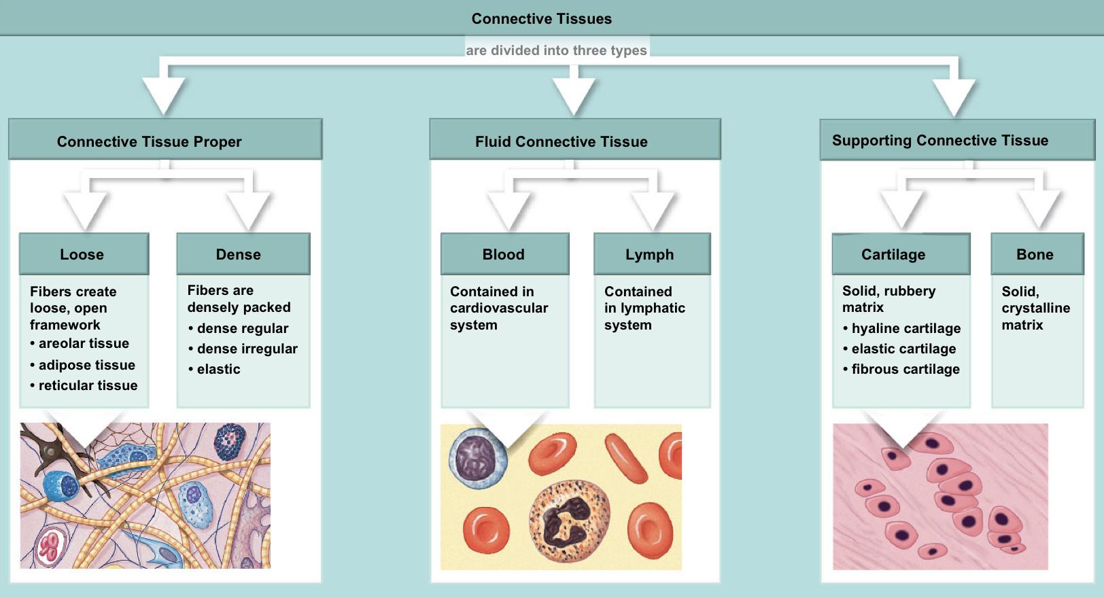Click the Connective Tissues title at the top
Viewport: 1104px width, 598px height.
[x=541, y=19]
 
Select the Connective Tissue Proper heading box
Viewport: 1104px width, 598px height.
[x=150, y=141]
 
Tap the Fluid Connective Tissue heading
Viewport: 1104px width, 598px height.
[x=561, y=141]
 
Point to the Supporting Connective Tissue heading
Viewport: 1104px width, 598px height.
[x=939, y=141]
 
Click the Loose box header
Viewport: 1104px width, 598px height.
[x=82, y=254]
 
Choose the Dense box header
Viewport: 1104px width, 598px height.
[x=238, y=254]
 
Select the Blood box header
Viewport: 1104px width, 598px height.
[x=503, y=254]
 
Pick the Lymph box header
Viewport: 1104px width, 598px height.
[x=649, y=254]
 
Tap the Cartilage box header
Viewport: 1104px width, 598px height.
[x=893, y=254]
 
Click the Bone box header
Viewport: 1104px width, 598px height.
[x=1035, y=254]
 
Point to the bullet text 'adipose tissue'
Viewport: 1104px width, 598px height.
[x=86, y=365]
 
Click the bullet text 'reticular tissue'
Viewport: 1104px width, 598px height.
[x=88, y=385]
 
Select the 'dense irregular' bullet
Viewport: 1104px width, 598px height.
[x=247, y=349]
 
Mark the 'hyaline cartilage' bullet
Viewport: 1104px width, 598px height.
[x=905, y=328]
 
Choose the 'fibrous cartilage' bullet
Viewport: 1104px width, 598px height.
[x=905, y=369]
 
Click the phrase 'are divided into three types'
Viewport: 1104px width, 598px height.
[x=556, y=50]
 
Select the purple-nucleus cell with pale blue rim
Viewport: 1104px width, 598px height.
[x=478, y=459]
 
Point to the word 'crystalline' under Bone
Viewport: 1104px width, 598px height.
[x=1035, y=308]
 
